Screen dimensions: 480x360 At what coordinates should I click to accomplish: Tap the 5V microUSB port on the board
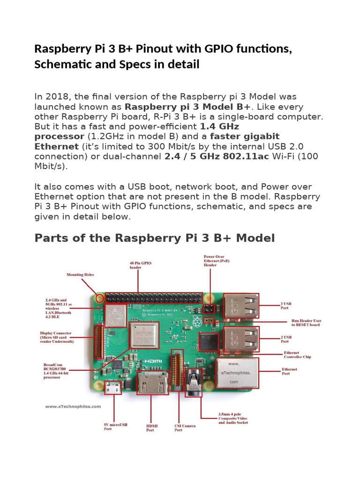[x=113, y=389]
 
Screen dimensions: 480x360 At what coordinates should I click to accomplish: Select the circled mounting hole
[x=99, y=298]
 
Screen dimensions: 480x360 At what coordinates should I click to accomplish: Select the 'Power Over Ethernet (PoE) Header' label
[x=213, y=261]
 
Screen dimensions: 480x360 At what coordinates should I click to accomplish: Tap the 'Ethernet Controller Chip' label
[x=298, y=355]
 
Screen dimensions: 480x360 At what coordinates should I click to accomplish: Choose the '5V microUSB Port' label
[x=115, y=427]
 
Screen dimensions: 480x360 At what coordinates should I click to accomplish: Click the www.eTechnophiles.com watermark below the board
[x=74, y=407]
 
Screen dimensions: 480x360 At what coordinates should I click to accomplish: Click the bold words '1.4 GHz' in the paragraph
[x=219, y=126]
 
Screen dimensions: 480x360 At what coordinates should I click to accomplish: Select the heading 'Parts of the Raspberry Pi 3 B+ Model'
[x=154, y=238]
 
